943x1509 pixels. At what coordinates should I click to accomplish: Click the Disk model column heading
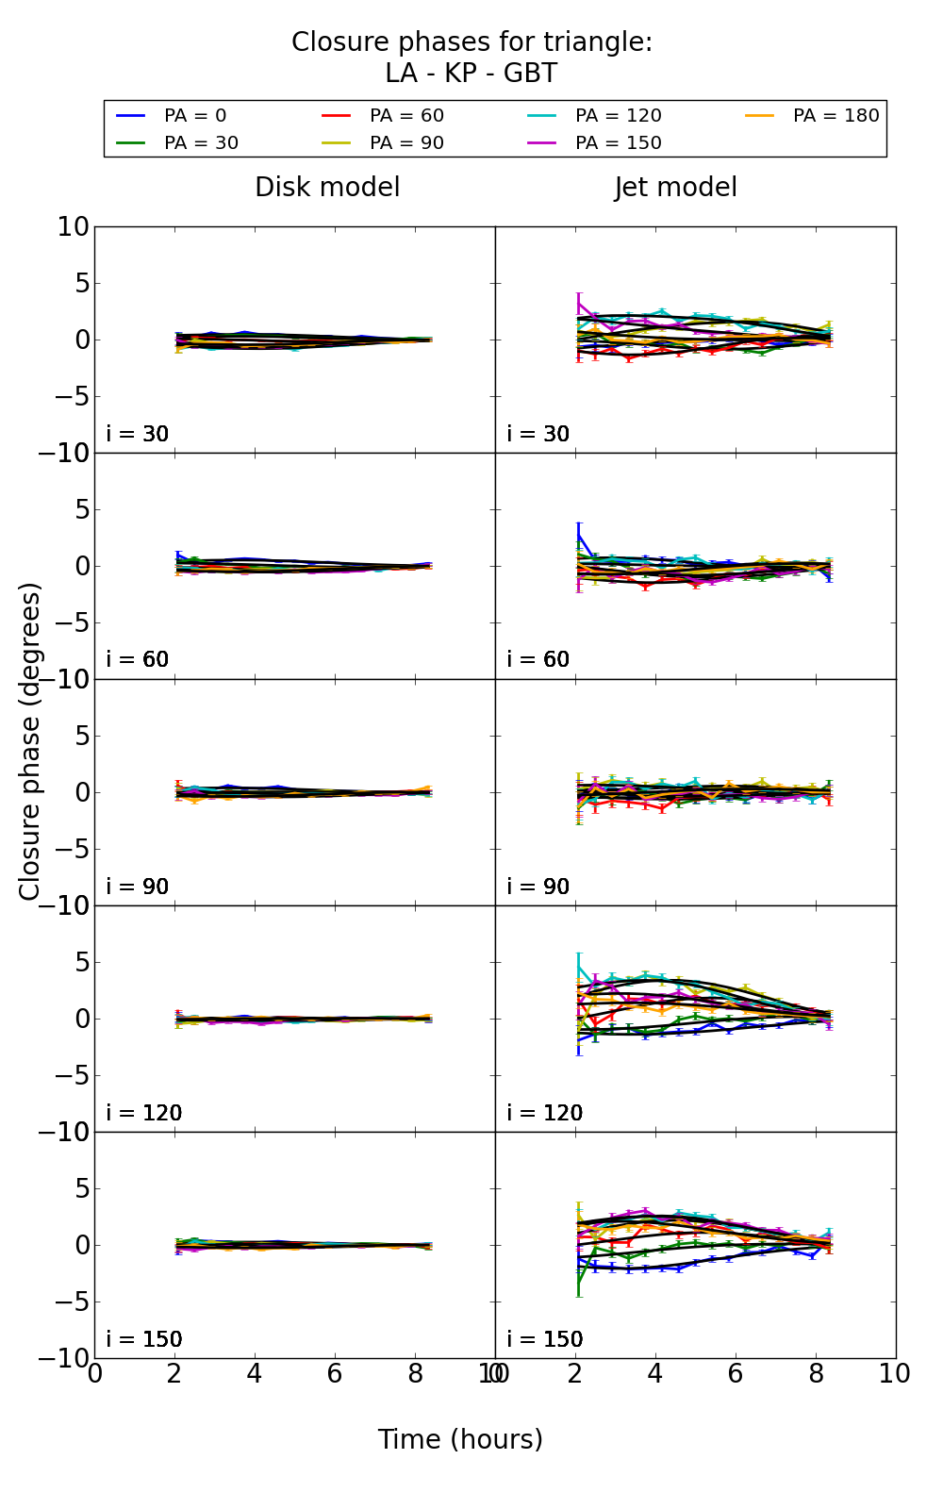point(327,188)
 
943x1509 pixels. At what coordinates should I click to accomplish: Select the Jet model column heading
point(675,188)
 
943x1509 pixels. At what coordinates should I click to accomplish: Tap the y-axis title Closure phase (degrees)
point(30,741)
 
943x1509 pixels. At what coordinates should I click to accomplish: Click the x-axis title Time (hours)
point(460,1439)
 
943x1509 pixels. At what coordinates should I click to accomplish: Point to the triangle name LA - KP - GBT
point(471,74)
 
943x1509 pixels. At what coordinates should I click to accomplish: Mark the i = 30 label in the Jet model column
point(538,434)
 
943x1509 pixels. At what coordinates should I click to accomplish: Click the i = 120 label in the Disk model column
point(143,1113)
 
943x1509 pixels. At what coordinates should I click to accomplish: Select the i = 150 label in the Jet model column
point(544,1339)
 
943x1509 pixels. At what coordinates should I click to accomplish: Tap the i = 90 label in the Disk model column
point(137,887)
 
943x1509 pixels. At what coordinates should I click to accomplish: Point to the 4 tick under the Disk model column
point(255,1374)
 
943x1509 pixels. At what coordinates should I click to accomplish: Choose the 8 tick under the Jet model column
point(815,1374)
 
